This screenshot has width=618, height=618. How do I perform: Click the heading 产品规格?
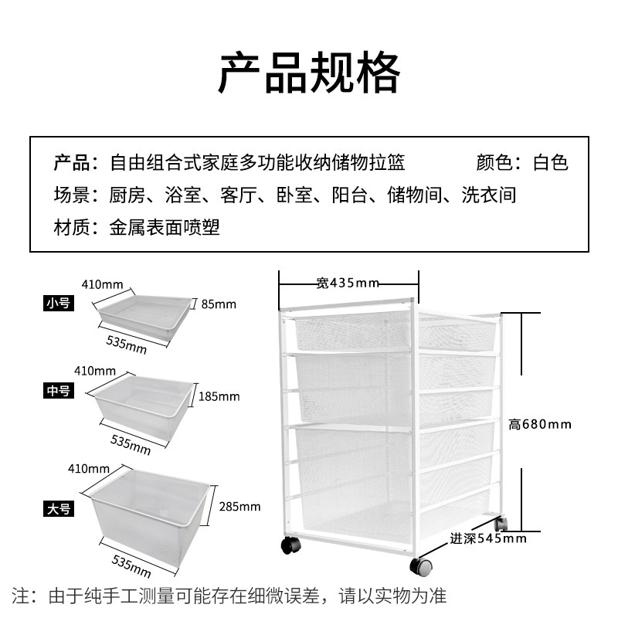[309, 73]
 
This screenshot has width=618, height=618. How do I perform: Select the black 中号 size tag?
[59, 391]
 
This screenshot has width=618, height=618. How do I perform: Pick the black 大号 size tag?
[59, 508]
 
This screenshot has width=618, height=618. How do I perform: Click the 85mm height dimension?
[219, 304]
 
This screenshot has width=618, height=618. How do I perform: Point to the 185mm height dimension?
[219, 396]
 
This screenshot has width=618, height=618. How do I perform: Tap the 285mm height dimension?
[240, 507]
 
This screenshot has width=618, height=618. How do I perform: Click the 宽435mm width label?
[348, 283]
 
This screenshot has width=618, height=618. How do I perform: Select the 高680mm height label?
[540, 424]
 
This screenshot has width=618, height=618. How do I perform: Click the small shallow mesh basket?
[144, 314]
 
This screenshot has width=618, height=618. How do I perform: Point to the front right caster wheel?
[422, 568]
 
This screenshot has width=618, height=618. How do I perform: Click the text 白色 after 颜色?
[551, 163]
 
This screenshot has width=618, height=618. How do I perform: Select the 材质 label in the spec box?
[68, 228]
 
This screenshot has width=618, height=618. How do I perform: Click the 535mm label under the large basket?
[131, 567]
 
